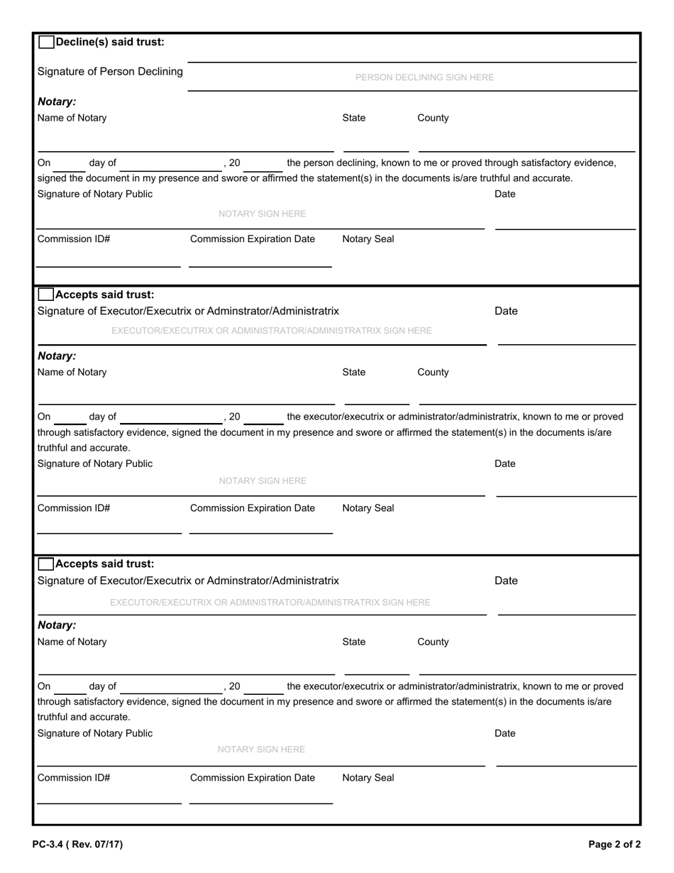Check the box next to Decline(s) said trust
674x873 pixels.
click(46, 42)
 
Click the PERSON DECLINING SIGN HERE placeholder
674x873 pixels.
click(424, 77)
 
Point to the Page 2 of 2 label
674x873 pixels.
click(614, 845)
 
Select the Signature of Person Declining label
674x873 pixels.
click(110, 72)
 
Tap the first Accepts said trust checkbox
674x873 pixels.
click(45, 295)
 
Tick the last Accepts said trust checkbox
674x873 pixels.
click(45, 564)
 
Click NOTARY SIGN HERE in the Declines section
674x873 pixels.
click(262, 214)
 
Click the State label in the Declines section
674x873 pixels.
click(354, 118)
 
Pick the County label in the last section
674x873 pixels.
click(433, 642)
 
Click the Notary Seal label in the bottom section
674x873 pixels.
click(368, 778)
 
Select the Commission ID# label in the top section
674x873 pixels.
click(74, 239)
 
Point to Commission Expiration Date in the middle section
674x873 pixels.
click(253, 508)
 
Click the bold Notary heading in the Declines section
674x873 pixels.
click(57, 102)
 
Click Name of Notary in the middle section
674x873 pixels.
click(72, 372)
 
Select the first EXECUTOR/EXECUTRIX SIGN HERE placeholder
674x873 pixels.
click(271, 331)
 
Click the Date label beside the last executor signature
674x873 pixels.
click(506, 581)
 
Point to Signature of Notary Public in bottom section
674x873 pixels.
click(95, 733)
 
